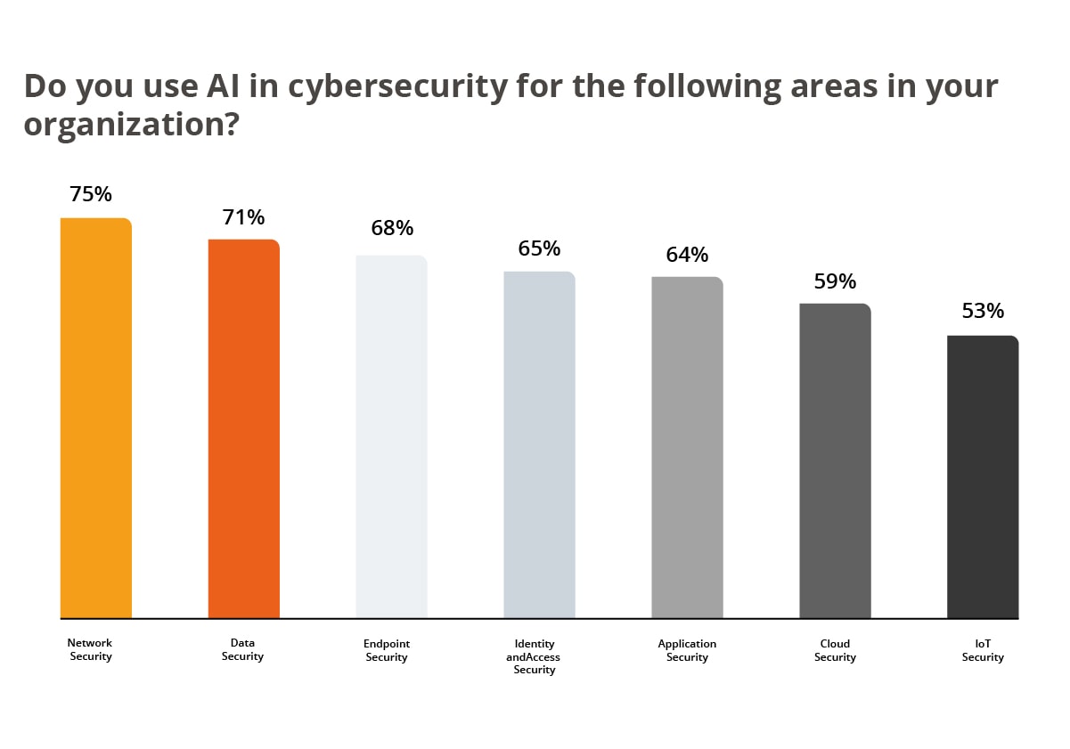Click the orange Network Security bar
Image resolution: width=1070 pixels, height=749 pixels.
96,418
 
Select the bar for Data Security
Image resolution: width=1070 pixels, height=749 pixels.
244,428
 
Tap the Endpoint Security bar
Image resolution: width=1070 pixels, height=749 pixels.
391,436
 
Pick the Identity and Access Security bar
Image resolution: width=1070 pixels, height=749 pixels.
539,444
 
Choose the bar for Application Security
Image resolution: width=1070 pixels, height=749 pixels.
687,447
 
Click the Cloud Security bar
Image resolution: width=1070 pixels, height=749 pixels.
835,460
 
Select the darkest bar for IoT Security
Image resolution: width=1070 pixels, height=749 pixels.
983,476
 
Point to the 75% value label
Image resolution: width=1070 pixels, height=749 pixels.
91,194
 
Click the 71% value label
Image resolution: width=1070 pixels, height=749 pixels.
244,217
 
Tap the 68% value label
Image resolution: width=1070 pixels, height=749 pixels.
392,228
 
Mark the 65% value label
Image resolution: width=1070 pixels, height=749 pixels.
539,248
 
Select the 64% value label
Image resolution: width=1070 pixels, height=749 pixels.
687,255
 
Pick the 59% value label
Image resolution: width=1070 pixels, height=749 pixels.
835,281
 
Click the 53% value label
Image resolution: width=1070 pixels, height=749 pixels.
983,311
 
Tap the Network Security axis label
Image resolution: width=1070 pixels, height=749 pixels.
90,649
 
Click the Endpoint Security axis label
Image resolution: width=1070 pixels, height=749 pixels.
387,650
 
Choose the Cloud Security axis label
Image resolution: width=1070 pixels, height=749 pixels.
835,650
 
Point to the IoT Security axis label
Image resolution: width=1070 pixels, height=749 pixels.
983,650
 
